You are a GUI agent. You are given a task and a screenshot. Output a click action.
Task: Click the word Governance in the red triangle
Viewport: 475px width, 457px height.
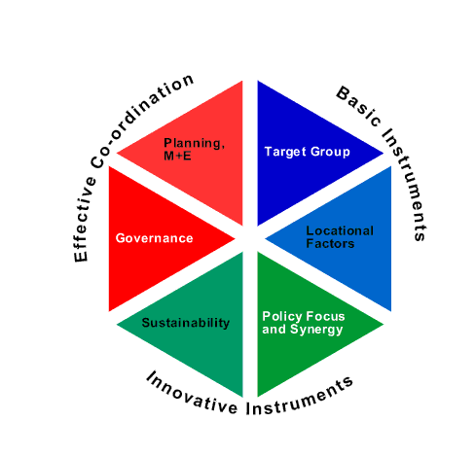pyautogui.click(x=155, y=238)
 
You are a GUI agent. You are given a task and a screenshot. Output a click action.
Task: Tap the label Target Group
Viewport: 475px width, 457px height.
pyautogui.click(x=308, y=152)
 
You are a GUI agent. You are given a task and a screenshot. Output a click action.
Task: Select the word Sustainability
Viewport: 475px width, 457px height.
pyautogui.click(x=186, y=323)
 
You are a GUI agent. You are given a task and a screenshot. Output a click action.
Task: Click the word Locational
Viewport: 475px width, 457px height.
pyautogui.click(x=340, y=230)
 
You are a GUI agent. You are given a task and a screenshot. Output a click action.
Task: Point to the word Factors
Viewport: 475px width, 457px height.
pyautogui.click(x=330, y=243)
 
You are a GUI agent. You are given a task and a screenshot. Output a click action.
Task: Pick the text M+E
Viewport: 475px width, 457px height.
pyautogui.click(x=177, y=156)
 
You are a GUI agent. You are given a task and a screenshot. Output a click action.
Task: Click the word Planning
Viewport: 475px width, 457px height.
pyautogui.click(x=194, y=143)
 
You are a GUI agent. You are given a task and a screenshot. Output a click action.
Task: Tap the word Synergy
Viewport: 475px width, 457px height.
pyautogui.click(x=316, y=330)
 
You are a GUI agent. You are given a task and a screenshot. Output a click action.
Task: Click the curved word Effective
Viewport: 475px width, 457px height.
pyautogui.click(x=84, y=220)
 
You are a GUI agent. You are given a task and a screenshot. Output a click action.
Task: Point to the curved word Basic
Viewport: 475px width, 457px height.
pyautogui.click(x=359, y=106)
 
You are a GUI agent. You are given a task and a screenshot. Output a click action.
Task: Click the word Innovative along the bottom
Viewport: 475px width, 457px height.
pyautogui.click(x=192, y=395)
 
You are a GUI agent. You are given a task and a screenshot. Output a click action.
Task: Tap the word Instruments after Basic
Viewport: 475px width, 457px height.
pyautogui.click(x=406, y=185)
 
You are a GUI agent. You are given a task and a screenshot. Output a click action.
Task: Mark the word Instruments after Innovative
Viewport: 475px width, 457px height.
pyautogui.click(x=299, y=398)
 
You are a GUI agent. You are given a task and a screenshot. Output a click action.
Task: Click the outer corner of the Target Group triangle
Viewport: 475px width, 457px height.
pyautogui.click(x=384, y=154)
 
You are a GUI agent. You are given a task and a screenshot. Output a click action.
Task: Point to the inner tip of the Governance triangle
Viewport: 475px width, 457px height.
pyautogui.click(x=235, y=239)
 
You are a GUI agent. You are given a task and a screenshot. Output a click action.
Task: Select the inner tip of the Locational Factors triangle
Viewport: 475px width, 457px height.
pyautogui.click(x=265, y=239)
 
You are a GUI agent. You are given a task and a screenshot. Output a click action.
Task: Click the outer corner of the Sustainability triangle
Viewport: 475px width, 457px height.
pyautogui.click(x=117, y=324)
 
